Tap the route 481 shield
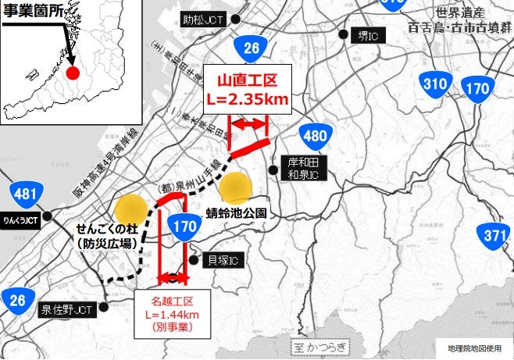pos(26,194)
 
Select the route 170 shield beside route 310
pos(476,87)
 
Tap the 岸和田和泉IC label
pos(301,167)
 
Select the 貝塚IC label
pos(223,259)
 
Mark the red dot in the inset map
pos(73,73)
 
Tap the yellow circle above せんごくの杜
pos(130,209)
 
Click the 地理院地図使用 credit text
pos(473,348)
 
